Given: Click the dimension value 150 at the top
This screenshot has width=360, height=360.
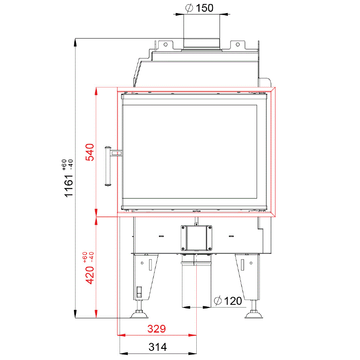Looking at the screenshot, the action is tap(205, 8).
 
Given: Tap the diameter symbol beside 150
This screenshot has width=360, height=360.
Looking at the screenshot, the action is tap(189, 8).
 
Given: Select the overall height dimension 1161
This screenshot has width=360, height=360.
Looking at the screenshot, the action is tap(68, 186).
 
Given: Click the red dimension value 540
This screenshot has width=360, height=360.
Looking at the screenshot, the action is tap(90, 152).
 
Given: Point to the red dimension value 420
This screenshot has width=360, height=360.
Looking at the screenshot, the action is tap(90, 275).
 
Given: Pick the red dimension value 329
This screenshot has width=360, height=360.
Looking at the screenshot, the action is tap(157, 329).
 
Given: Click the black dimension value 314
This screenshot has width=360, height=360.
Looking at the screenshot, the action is tap(157, 347).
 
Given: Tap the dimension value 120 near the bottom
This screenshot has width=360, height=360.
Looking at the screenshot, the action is tap(233, 301).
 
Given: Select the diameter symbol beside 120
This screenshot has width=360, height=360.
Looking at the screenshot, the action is tap(218, 301).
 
